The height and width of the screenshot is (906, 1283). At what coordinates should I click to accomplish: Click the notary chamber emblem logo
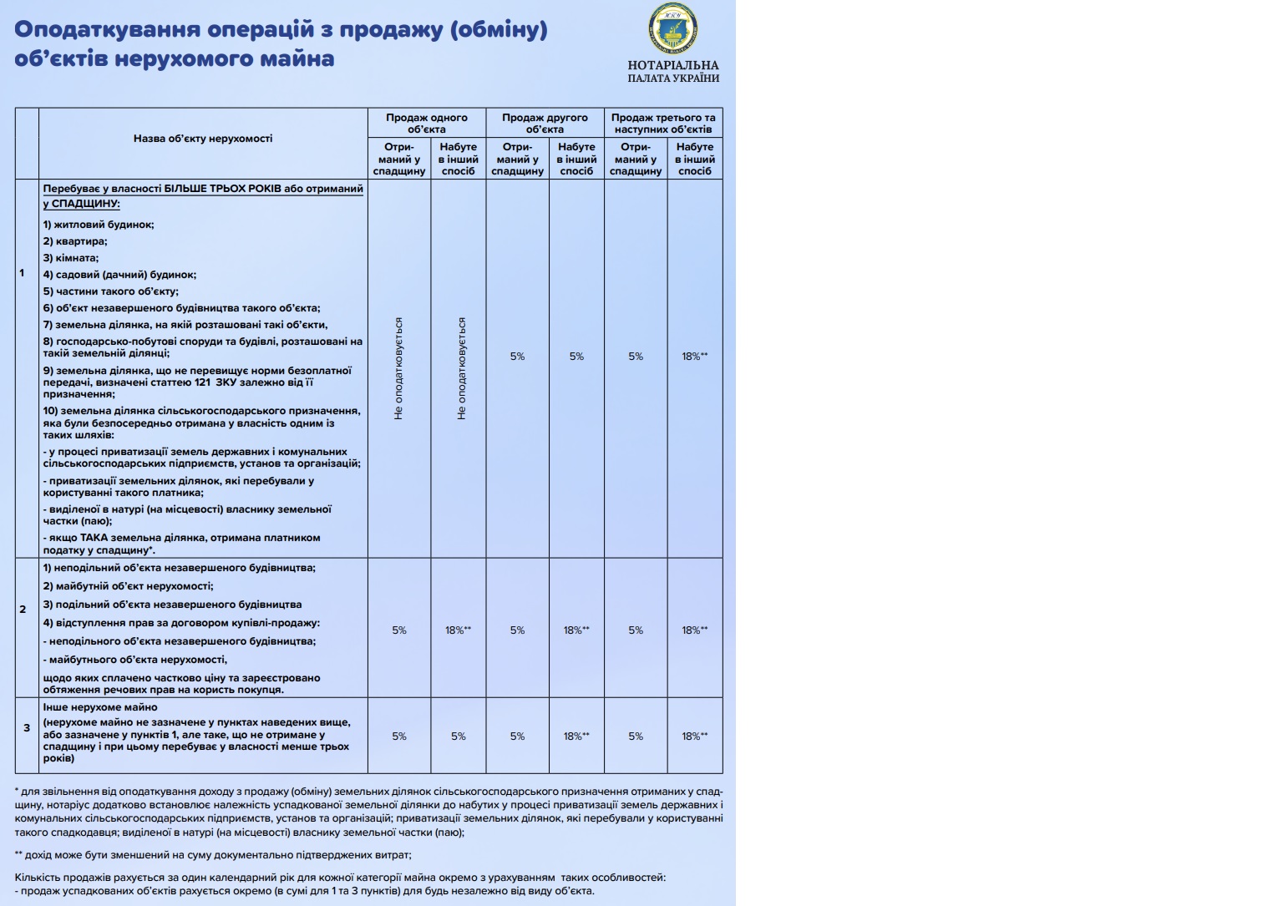coord(672,29)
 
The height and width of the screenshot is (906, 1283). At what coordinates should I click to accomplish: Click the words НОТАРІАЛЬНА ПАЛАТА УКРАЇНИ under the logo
coord(673,72)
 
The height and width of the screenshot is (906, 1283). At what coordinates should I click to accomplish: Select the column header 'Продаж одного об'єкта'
coord(426,124)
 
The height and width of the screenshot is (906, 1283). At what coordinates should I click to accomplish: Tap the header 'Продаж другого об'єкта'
coord(545,124)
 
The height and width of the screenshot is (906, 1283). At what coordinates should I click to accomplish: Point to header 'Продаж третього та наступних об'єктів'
coord(663,124)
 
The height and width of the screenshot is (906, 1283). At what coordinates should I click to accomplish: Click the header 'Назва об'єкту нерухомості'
coord(203,139)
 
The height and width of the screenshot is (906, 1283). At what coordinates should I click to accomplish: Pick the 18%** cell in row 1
coord(694,357)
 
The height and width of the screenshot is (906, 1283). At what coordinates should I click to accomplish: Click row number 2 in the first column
coord(23,610)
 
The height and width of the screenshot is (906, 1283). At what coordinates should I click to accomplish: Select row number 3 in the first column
coord(27,728)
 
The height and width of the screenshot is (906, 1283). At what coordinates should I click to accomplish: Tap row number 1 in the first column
coord(23,273)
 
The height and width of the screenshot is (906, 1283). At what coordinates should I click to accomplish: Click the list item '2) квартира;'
coord(75,241)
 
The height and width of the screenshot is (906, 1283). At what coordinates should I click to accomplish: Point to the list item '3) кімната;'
coord(71,258)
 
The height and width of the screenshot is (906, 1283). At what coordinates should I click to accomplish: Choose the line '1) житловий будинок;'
coord(99,225)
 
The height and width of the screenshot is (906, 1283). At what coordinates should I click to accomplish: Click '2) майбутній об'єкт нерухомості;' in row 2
coord(129,586)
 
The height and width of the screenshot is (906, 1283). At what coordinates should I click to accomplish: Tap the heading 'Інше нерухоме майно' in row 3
coord(100,707)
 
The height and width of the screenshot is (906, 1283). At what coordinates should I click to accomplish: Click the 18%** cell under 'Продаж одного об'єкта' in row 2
coord(458,630)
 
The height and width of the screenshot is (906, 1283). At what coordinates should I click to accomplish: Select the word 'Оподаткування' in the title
coord(108,29)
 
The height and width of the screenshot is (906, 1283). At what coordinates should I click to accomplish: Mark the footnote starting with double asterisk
coord(213,855)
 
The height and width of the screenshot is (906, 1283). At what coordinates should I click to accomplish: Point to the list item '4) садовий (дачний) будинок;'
coord(119,275)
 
